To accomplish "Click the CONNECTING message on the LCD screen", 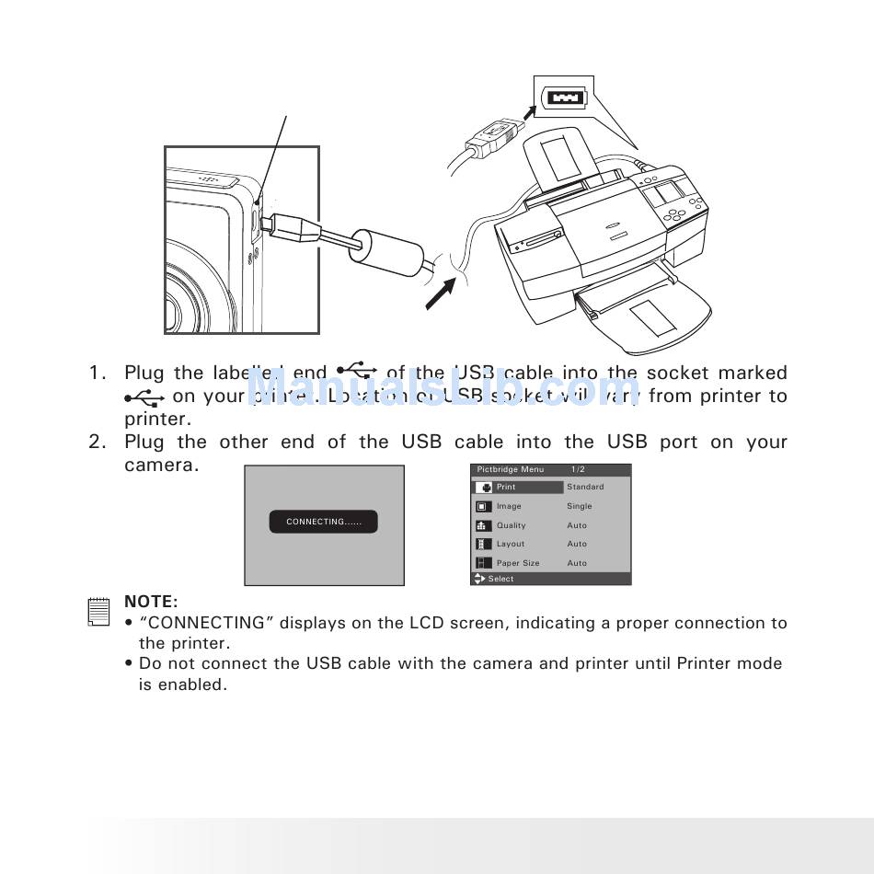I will point(323,522).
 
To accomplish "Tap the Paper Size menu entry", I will point(518,563).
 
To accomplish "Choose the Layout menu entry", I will point(511,544).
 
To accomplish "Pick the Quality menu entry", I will point(512,525).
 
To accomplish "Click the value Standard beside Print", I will point(585,487).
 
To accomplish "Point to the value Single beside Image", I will point(580,506).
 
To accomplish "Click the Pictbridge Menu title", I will point(511,469).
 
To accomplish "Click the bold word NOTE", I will point(151,602).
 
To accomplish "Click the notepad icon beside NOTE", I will point(97,612).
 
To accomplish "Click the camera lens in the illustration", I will point(179,308).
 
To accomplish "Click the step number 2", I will point(98,443).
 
